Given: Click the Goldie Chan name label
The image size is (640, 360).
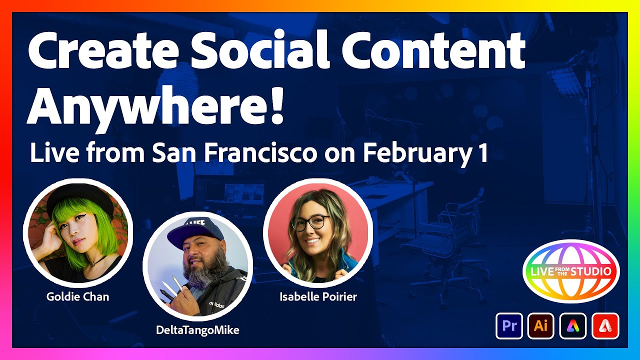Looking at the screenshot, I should pos(77,296).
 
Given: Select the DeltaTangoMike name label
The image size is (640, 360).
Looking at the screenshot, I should pos(197,330).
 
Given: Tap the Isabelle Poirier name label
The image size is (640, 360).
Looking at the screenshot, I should pos(318,297).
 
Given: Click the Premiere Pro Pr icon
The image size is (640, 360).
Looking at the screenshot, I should pos(509,326).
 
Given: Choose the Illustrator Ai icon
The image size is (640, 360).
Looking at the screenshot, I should pos(541,326).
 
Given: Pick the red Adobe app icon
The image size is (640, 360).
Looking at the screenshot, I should pos(605,326).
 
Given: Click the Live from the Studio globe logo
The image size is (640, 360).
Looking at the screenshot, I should pos(570,271).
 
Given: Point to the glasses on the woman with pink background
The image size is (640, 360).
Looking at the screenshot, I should pos(310,222).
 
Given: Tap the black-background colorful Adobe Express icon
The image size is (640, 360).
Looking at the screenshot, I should pos(573,326).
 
